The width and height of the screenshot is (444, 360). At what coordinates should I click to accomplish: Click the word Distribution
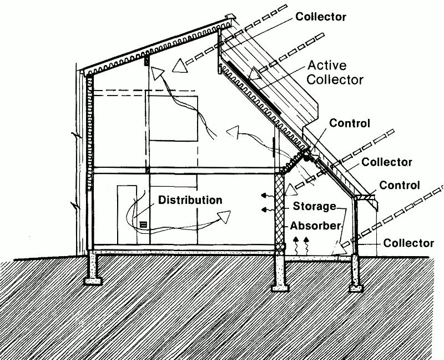(190, 199)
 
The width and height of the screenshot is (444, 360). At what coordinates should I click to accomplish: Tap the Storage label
(315, 207)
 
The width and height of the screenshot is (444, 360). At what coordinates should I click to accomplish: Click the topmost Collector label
(321, 17)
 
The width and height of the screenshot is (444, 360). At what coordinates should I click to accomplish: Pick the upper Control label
(349, 123)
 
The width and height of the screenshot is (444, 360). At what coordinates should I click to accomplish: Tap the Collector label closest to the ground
(408, 243)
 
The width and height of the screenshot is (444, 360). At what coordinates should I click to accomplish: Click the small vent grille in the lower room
(143, 224)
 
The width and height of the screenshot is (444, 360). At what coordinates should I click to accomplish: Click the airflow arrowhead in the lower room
(224, 216)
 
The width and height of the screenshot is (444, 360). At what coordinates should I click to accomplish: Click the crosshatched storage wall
(279, 211)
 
